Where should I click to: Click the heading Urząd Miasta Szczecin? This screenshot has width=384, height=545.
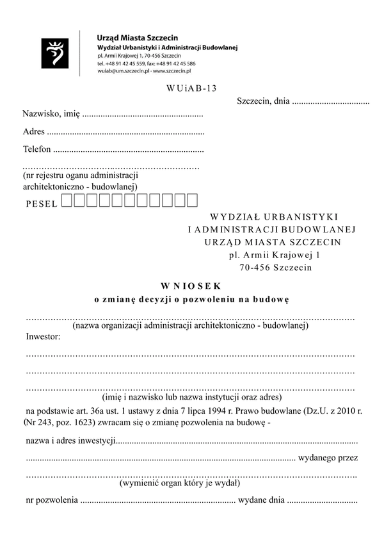(x=137, y=38)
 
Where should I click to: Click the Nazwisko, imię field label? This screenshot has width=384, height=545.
(x=51, y=114)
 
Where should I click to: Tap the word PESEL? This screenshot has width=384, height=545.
(x=42, y=203)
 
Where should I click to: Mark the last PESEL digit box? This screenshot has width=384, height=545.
(x=191, y=201)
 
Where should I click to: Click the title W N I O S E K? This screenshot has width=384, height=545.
(x=191, y=285)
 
